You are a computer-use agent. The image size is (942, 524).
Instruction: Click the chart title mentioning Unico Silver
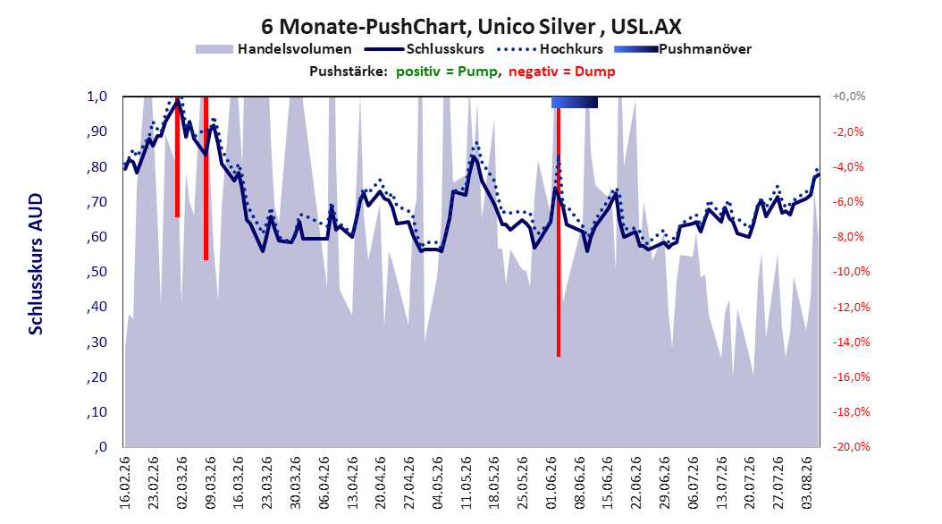471,27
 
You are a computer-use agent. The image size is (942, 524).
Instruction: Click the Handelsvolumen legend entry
273,49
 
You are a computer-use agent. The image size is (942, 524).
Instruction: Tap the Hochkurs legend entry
550,49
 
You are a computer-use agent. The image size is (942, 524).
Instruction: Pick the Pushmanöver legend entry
683,49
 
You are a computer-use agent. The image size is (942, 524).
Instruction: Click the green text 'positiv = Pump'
447,72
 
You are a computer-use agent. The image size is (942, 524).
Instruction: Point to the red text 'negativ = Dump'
562,72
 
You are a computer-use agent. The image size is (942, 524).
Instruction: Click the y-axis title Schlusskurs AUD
36,264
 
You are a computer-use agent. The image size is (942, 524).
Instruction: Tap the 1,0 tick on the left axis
97,97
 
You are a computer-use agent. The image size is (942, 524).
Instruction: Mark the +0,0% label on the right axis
849,97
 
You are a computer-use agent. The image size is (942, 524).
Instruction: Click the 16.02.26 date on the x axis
125,483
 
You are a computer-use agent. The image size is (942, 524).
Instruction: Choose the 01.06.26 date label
551,483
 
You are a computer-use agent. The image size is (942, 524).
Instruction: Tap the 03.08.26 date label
807,483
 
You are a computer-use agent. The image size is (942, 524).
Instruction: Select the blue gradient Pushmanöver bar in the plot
575,102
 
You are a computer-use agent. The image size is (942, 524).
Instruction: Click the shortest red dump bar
177,156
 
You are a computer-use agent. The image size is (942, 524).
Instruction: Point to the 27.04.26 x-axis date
409,483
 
